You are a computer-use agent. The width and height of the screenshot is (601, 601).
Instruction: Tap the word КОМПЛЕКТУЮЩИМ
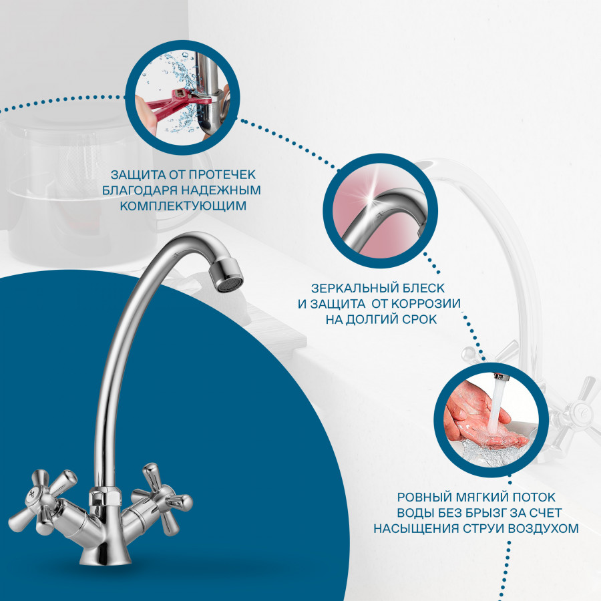click(x=183, y=206)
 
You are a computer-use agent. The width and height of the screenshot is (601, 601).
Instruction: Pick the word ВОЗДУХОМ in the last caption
click(x=544, y=528)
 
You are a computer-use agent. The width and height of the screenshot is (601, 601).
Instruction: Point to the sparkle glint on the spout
click(x=370, y=199)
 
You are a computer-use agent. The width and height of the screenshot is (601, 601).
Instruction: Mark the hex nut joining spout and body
click(x=105, y=497)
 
